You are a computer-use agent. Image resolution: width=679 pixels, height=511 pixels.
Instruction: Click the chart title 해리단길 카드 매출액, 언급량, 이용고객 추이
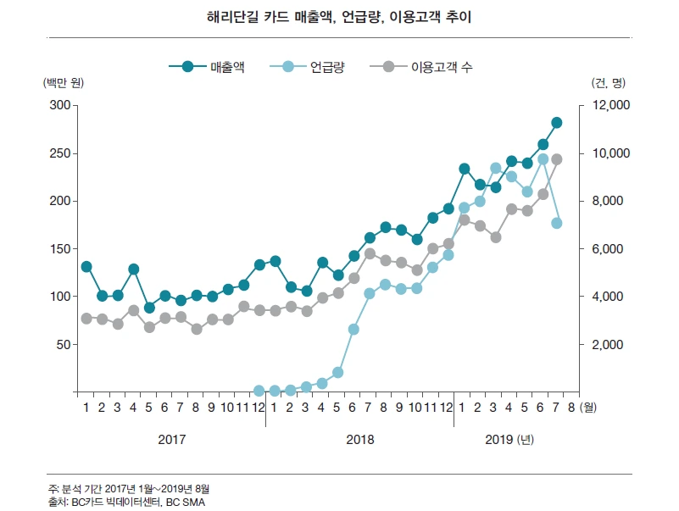[x=339, y=16]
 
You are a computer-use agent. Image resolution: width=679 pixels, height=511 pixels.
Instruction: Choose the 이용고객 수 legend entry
[x=427, y=66]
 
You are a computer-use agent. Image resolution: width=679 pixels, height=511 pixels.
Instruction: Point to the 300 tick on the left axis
[x=59, y=105]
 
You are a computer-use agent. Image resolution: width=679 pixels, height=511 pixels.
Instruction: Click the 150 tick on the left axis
[x=59, y=249]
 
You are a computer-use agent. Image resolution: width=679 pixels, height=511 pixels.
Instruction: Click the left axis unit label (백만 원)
[x=64, y=83]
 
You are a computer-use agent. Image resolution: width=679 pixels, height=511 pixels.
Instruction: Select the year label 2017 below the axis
[x=172, y=440]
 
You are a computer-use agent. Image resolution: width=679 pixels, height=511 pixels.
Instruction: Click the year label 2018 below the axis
[x=360, y=440]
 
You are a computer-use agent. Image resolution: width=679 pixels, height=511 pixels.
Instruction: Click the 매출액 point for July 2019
[x=557, y=123]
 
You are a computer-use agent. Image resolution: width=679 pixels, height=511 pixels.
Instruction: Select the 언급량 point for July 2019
[x=557, y=223]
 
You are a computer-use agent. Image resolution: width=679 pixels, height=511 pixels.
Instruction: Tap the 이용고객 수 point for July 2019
[x=557, y=159]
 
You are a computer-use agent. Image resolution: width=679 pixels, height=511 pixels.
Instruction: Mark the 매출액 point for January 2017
[x=86, y=266]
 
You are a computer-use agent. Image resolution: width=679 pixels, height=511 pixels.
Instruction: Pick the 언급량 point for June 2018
[x=353, y=329]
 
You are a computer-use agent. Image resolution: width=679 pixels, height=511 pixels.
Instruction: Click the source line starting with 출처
[x=127, y=502]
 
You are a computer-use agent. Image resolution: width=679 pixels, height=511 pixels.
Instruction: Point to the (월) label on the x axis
[x=590, y=408]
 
